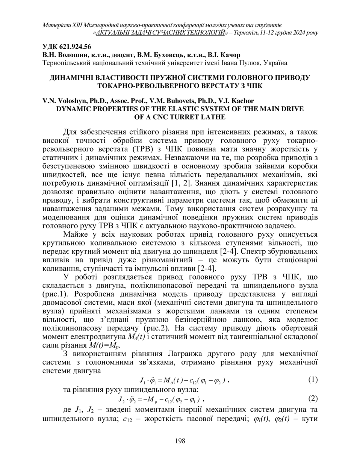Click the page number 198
click(180, 441)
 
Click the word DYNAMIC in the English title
click(74, 109)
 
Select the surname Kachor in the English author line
click(244, 101)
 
